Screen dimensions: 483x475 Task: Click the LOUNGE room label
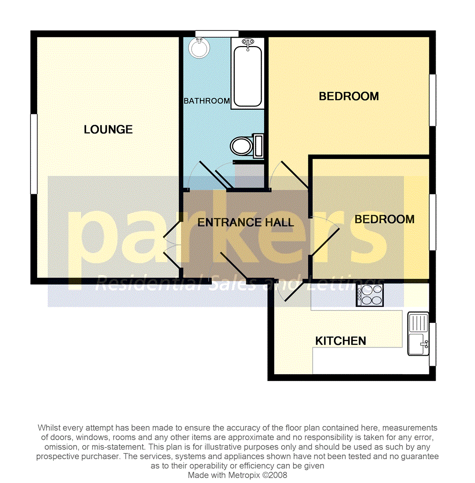[x=108, y=130]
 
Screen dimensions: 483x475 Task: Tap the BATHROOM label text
[x=207, y=101]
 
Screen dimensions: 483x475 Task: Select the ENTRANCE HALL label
[x=246, y=222]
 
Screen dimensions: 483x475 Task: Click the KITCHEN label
[x=341, y=341]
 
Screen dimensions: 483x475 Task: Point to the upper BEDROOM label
[x=349, y=96]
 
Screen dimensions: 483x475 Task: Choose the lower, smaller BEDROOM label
[x=384, y=219]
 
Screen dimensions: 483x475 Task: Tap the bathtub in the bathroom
[x=247, y=74]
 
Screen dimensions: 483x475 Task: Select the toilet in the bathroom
[x=246, y=146]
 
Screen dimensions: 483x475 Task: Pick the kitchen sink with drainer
[x=418, y=334]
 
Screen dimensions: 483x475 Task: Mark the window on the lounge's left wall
[x=34, y=154]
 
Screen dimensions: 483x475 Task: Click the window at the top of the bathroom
[x=217, y=33]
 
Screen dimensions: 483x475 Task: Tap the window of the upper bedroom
[x=432, y=100]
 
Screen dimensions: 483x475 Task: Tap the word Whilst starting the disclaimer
[x=50, y=428]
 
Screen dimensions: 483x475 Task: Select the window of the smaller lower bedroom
[x=432, y=222]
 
